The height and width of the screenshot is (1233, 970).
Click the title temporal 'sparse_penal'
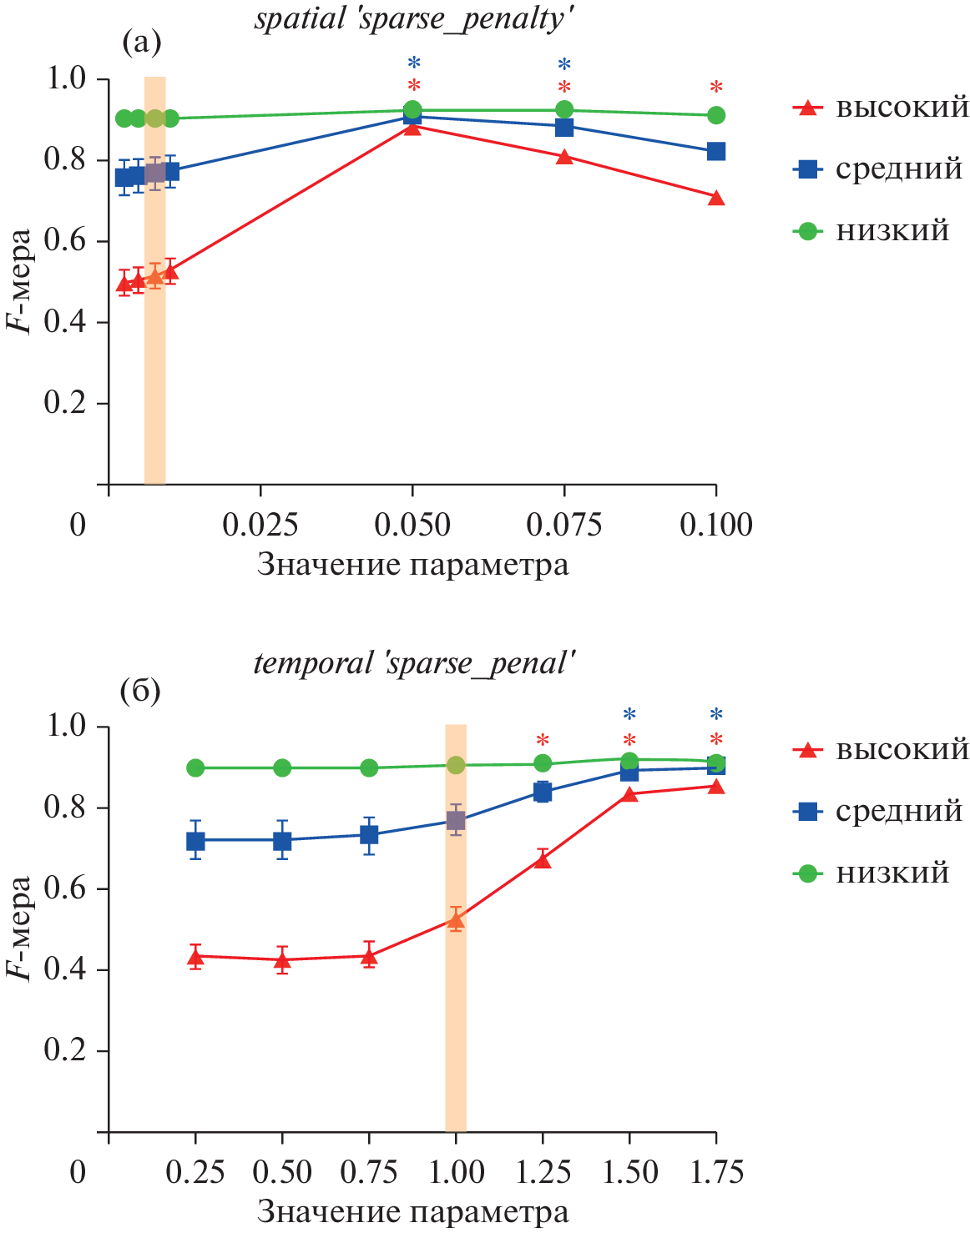point(415,663)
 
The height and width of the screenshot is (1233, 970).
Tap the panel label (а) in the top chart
point(141,41)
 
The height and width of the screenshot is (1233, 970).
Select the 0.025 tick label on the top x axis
point(260,525)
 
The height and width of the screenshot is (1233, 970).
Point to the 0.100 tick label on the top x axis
point(715,525)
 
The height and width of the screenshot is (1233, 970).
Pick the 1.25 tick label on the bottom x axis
point(543,1172)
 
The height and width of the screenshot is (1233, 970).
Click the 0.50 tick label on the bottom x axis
point(282,1172)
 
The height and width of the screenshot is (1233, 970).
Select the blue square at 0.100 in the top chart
point(715,151)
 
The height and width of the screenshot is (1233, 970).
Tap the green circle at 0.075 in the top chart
point(564,109)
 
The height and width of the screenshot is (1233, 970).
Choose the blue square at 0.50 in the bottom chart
point(282,840)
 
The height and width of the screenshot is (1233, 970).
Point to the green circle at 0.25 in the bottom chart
point(195,767)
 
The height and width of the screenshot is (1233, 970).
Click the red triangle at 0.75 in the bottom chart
point(369,957)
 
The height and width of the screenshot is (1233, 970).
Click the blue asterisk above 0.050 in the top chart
point(413,63)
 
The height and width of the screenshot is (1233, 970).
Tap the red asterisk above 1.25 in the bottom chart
point(543,740)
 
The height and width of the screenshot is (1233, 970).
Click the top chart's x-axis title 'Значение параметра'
point(412,565)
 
